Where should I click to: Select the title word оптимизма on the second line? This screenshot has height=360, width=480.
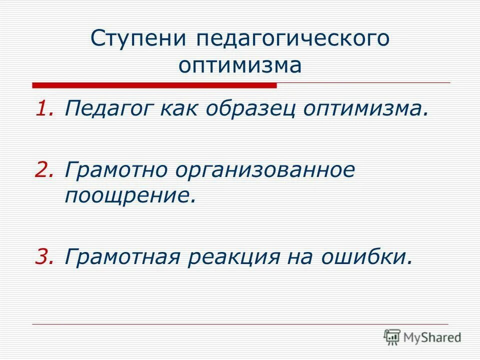click(x=240, y=65)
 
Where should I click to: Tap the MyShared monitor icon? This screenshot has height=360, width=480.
click(x=392, y=337)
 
